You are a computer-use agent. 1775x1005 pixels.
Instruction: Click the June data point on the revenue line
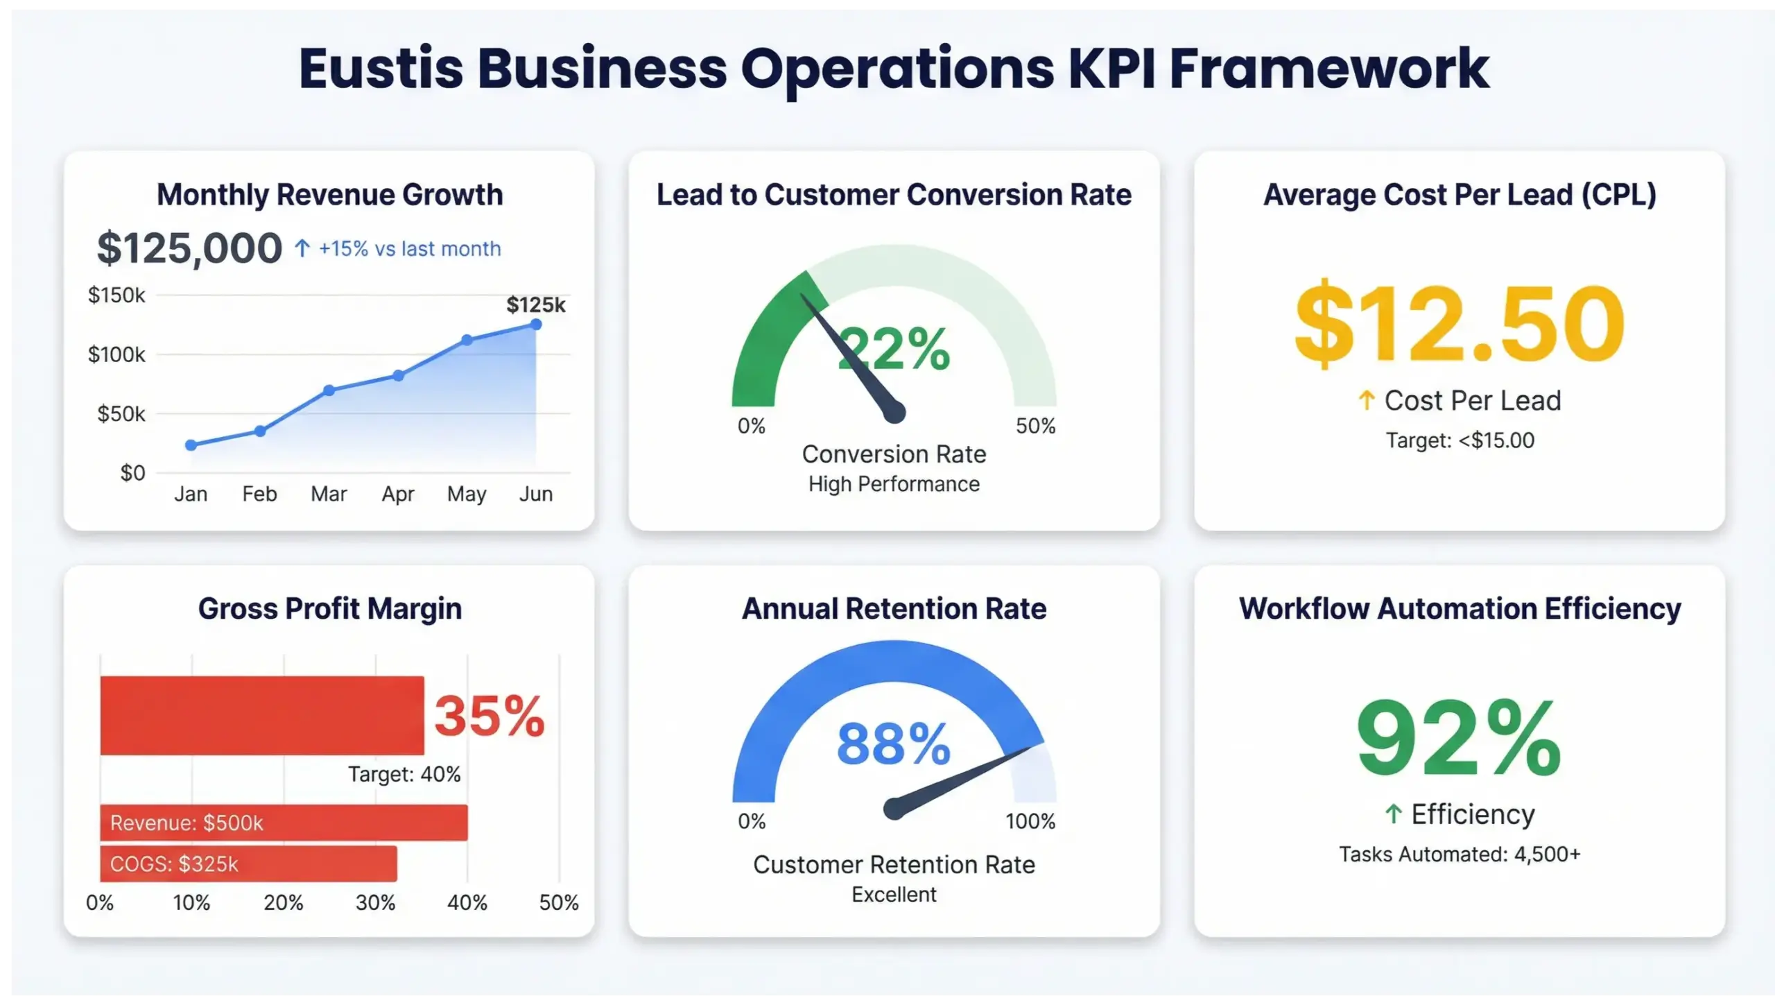[536, 324]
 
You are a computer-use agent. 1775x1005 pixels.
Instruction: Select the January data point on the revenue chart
[191, 445]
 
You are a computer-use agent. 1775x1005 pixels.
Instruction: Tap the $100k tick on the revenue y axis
[116, 354]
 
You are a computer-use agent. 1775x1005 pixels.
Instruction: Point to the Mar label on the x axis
[329, 494]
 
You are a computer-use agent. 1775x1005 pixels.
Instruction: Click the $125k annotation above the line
[535, 304]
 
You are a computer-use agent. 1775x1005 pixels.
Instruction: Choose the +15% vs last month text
[409, 248]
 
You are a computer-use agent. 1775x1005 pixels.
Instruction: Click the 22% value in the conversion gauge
[894, 349]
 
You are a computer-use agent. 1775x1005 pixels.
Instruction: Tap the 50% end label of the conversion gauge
[1035, 426]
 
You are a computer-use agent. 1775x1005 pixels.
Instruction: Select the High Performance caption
[894, 484]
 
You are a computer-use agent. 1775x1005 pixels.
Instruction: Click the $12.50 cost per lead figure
[1460, 324]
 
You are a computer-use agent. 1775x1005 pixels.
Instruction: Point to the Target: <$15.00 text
[1460, 440]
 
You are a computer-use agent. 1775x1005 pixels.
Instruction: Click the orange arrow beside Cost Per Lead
[1366, 400]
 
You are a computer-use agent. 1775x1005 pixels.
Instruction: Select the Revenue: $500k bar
[284, 823]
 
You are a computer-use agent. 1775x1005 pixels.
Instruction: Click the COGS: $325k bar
[248, 864]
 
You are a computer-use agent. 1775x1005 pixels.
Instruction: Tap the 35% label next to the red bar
[490, 716]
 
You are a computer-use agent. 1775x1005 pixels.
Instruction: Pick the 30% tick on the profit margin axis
[375, 902]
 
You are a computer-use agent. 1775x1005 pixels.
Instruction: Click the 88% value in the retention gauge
[893, 744]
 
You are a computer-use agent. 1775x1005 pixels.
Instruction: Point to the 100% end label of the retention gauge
[1030, 821]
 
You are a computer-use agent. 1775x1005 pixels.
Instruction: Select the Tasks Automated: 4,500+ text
[1460, 854]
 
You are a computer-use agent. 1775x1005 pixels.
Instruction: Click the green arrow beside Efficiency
[1394, 814]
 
